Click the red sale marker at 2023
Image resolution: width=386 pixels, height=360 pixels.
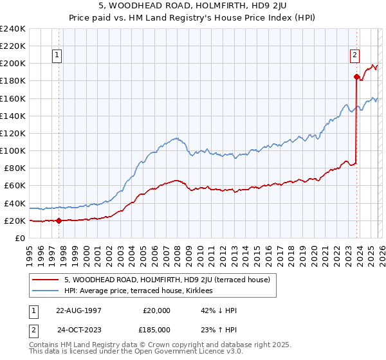356,76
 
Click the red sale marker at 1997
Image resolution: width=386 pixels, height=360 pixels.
59,221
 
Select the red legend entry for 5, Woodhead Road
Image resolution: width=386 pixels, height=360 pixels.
170,280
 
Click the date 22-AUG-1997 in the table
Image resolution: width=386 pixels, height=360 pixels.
78,310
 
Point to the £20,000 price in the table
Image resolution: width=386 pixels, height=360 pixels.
157,310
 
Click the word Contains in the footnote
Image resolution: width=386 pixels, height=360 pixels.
44,345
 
